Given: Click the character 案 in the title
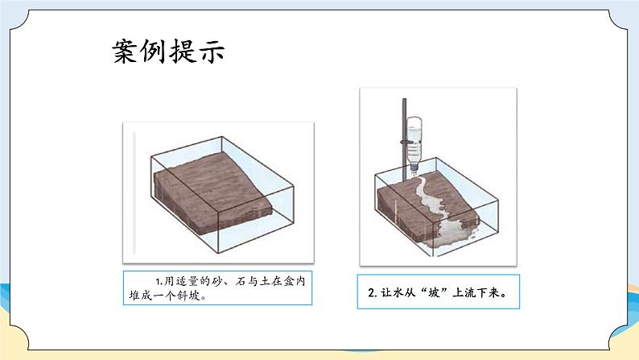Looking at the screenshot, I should (125, 52).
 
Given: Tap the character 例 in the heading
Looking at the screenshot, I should (158, 52).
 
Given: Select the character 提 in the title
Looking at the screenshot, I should (189, 52).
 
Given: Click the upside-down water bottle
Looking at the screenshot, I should (414, 140).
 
